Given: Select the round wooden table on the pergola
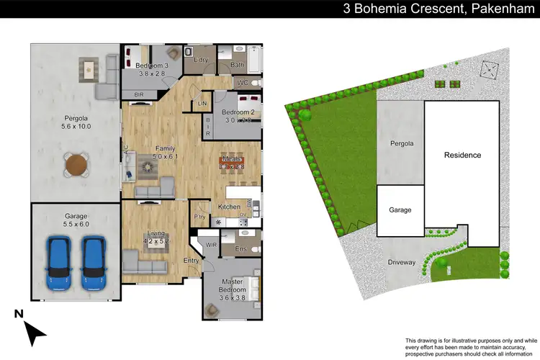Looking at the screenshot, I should [76, 166].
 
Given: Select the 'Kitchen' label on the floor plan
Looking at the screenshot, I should [229, 207].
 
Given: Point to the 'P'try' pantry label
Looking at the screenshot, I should [199, 217].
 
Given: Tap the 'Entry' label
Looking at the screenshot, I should [192, 261].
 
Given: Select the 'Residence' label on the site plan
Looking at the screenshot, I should [462, 155].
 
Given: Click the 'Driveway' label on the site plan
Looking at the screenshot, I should [402, 262].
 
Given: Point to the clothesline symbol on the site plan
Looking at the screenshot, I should [490, 69].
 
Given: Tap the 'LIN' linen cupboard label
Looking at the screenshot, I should [204, 104].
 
